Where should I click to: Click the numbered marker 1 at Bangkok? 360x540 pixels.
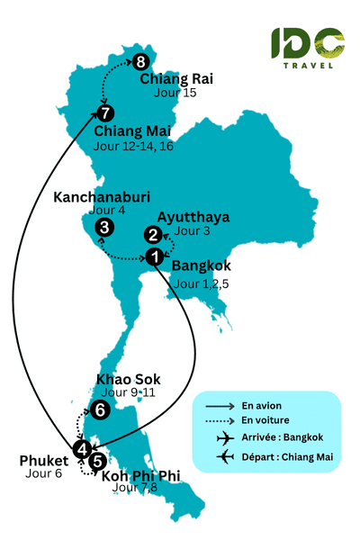(155, 257)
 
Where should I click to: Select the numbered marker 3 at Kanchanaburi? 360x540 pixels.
(104, 228)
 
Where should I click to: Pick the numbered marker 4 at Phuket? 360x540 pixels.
(82, 448)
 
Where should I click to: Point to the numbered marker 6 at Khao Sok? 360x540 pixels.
(100, 410)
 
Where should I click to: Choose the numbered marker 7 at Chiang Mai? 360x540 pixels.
(105, 113)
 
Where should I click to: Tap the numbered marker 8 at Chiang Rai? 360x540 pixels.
(140, 62)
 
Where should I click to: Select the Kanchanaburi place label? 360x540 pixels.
(101, 197)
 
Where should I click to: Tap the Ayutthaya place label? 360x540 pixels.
(193, 217)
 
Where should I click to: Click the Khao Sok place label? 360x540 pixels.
(128, 379)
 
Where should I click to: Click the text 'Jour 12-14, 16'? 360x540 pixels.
(134, 148)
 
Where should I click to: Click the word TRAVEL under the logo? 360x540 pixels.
(308, 65)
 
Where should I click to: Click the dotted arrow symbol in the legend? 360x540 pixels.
(219, 420)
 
